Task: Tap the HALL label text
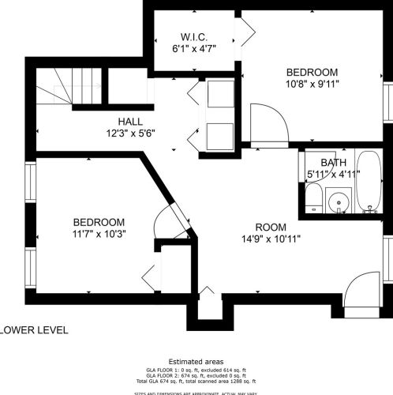click(130, 121)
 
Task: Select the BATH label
click(322, 163)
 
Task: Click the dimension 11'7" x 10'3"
click(99, 234)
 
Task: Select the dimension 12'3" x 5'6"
click(130, 133)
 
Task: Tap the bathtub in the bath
click(368, 183)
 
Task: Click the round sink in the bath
click(339, 201)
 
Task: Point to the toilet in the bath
click(313, 198)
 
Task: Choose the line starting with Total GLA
click(196, 381)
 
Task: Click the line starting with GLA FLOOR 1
click(196, 369)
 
